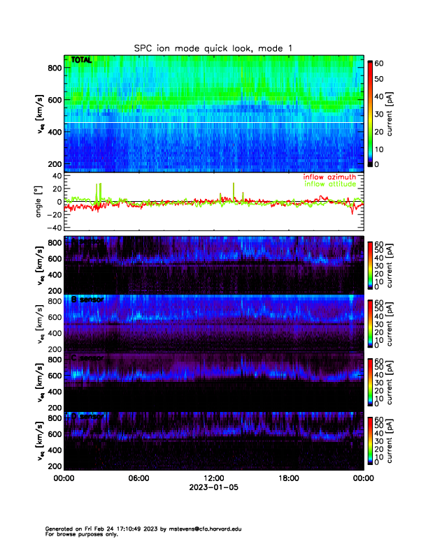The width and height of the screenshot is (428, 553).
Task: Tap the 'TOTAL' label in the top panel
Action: click(x=81, y=60)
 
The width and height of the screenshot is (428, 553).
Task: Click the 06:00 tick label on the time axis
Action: click(x=138, y=479)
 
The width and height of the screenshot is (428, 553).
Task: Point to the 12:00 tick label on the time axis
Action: click(x=213, y=479)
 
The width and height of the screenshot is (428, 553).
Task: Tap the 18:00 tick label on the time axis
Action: click(x=288, y=479)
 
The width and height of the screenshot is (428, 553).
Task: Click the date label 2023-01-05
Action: click(x=213, y=488)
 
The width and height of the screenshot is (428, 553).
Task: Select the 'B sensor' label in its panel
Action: click(x=87, y=300)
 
